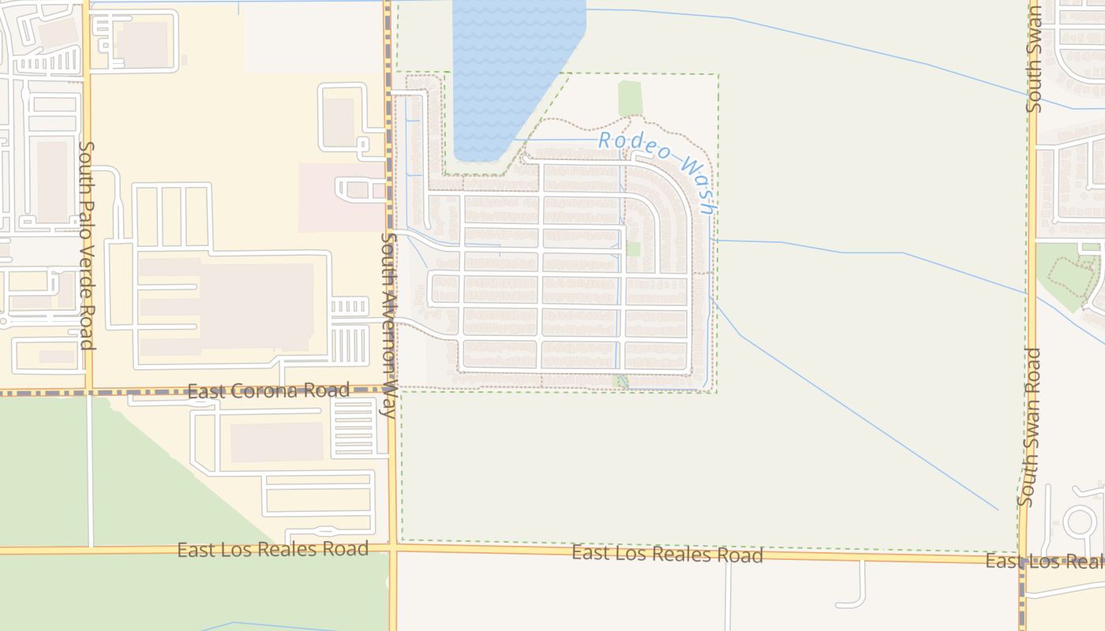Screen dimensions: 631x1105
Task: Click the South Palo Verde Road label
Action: tap(87, 245)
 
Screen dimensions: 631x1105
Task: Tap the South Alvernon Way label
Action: tap(388, 323)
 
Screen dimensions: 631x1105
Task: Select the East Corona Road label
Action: tap(268, 390)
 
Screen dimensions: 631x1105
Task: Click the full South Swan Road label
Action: tap(1029, 426)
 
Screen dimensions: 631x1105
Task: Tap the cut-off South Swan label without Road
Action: tap(1035, 59)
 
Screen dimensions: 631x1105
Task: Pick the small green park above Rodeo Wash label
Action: tap(630, 99)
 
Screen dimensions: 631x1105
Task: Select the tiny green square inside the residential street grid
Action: tap(633, 248)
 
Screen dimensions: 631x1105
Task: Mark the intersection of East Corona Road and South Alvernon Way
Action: tap(389, 390)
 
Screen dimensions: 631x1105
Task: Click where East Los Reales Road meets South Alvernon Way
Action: tap(392, 546)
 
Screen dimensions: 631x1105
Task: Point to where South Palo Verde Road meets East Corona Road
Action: tap(88, 390)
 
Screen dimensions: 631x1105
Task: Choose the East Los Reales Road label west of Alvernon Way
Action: tap(272, 549)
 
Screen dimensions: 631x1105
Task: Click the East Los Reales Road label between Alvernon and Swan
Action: tap(667, 554)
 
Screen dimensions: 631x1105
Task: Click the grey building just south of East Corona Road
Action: tap(276, 442)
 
